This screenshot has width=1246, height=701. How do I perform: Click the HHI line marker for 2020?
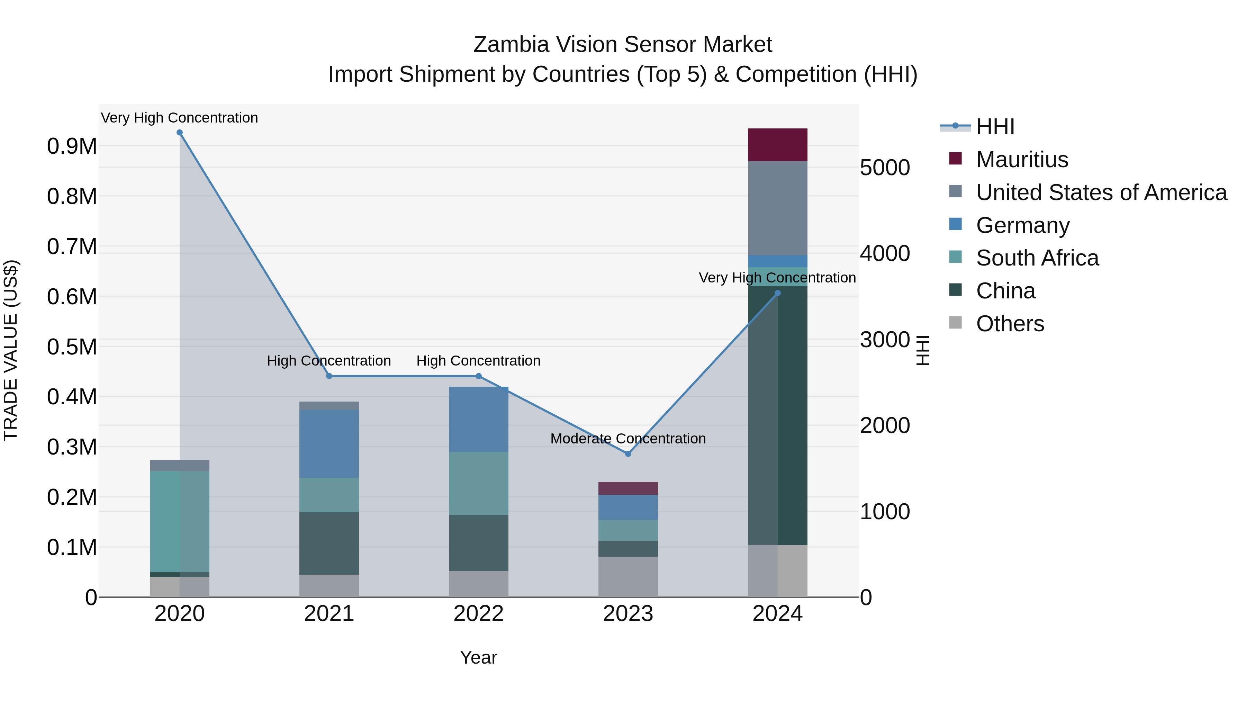tap(179, 133)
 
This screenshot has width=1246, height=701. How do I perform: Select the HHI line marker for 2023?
tap(628, 454)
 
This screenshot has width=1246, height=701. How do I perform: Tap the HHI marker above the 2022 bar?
tap(478, 376)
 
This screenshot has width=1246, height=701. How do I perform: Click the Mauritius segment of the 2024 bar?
tap(777, 145)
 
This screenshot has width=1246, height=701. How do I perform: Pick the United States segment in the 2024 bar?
tap(777, 208)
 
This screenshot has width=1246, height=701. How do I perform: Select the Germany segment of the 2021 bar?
tap(329, 444)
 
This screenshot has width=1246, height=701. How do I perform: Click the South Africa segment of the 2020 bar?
tap(179, 522)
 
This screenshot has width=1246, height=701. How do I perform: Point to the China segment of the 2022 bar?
tap(478, 543)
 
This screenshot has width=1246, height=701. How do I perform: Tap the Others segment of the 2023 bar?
tap(628, 577)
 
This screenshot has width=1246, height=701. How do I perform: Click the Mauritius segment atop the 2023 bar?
tap(628, 488)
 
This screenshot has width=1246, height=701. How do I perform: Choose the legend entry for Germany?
tap(1022, 225)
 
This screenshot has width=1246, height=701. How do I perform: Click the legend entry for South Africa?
tap(1037, 258)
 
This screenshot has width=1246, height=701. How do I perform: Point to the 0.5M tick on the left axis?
tap(72, 347)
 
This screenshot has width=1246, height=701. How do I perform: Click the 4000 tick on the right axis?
tap(885, 253)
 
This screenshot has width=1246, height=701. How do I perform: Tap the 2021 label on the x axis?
tap(329, 614)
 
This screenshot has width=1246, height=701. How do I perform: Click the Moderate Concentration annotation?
tap(628, 438)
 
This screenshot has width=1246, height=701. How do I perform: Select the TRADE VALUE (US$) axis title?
tap(11, 350)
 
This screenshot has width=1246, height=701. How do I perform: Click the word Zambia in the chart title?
tap(511, 45)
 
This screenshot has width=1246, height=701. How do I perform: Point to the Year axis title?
tap(478, 657)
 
